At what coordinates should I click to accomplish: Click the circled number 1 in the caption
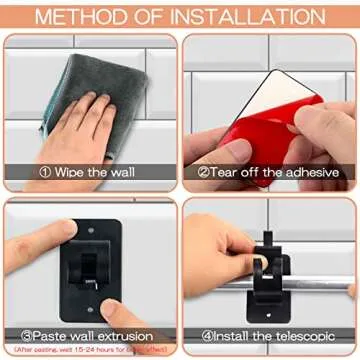coord(45,171)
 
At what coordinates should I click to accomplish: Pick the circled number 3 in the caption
coord(26,334)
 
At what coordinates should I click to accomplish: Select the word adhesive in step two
coord(313,171)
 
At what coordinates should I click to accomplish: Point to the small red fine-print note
coord(90,348)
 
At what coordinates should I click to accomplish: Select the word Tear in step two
coord(226,171)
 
